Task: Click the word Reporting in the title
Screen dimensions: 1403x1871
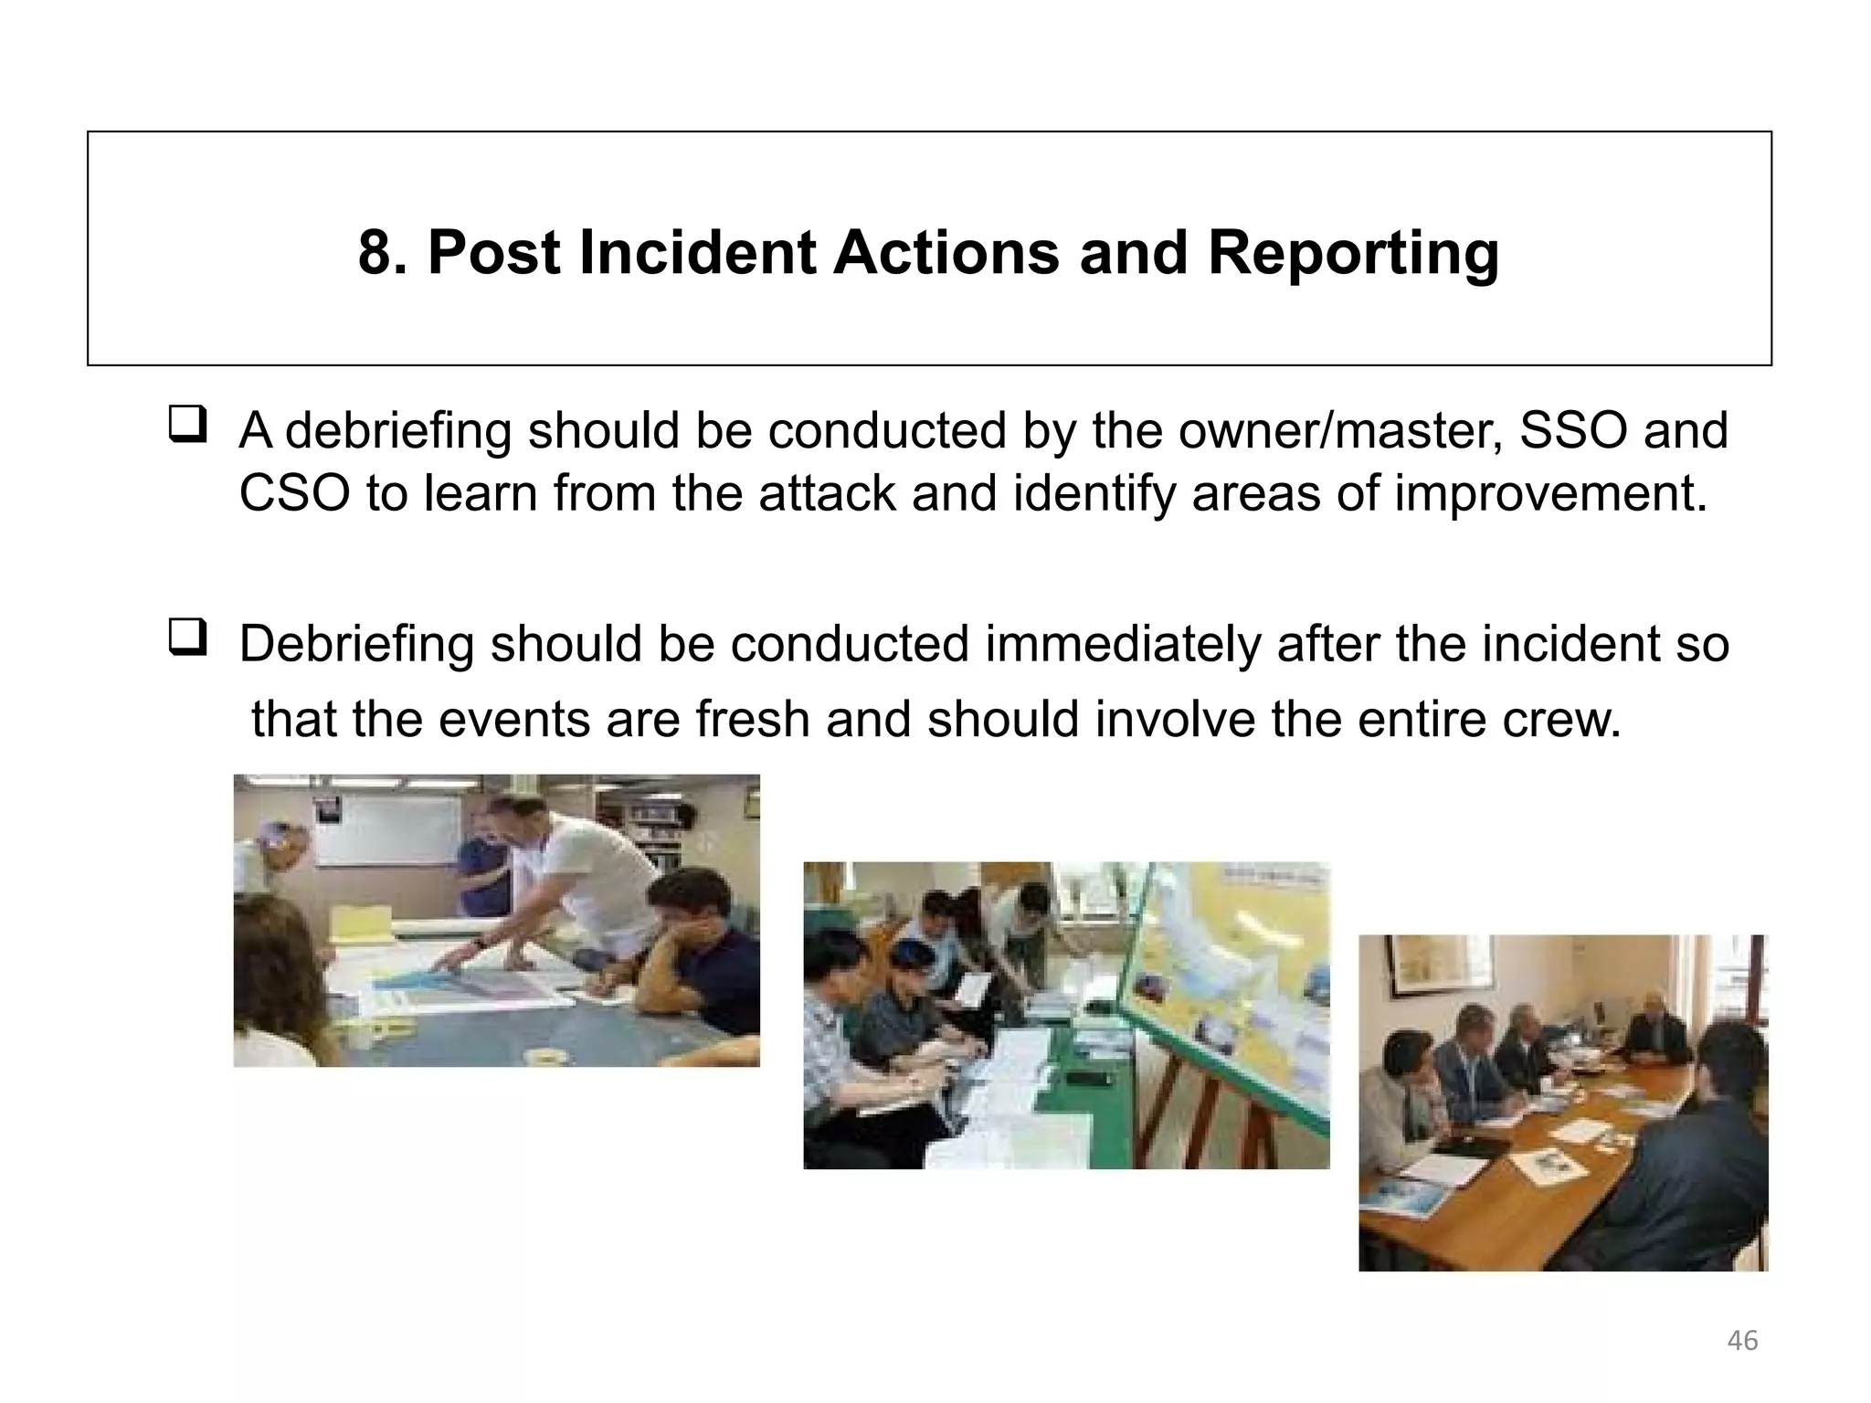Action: point(1353,253)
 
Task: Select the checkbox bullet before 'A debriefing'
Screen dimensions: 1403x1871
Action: point(187,426)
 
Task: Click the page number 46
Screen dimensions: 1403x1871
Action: point(1742,1340)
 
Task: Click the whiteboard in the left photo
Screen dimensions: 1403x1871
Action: point(388,830)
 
